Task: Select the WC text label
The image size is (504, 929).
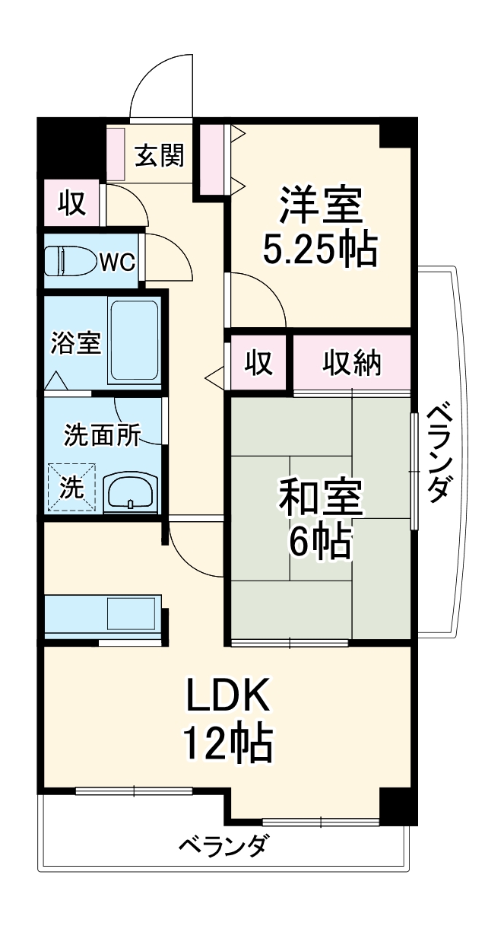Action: point(118,262)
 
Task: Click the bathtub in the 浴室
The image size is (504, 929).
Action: point(134,342)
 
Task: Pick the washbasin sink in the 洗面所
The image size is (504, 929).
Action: point(131,494)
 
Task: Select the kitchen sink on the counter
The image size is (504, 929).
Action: point(132,612)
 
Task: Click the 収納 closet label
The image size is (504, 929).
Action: point(353,363)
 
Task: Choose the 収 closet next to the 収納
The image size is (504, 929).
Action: point(258,364)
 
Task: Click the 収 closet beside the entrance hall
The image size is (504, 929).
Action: point(71,204)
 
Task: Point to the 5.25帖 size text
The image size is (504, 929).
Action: point(319,249)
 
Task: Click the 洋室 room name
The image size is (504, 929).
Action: point(319,205)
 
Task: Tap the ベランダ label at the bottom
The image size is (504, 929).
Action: point(223,845)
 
